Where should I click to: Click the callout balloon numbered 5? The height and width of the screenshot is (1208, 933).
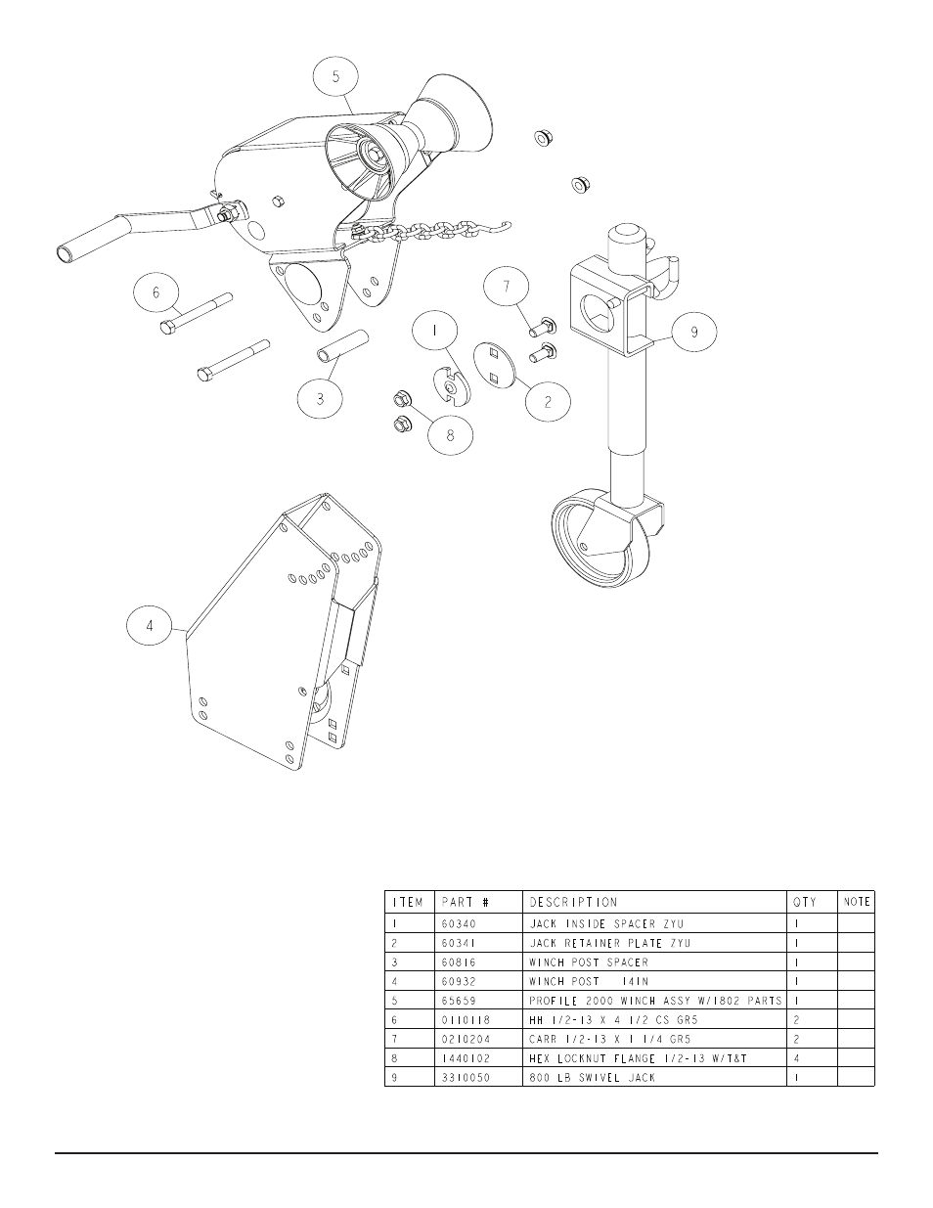pos(335,76)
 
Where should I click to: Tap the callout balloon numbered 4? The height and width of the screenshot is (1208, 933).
pos(149,626)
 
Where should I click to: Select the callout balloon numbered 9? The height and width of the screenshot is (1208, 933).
pos(693,332)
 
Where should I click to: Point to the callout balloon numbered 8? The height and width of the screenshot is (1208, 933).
pos(450,436)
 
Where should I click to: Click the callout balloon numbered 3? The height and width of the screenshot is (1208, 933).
pos(320,398)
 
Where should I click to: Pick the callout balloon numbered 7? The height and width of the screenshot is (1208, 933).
pos(506,287)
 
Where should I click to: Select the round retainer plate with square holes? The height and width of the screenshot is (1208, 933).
pos(495,365)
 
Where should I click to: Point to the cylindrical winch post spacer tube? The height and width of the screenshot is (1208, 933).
pos(343,346)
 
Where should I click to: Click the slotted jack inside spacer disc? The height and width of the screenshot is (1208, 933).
pos(452,383)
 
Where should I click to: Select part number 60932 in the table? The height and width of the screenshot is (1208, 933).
pos(459,982)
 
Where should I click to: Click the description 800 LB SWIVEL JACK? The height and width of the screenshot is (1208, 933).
pos(593,1078)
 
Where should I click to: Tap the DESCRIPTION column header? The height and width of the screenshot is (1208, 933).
pos(573,902)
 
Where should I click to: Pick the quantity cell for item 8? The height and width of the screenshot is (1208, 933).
pos(796,1058)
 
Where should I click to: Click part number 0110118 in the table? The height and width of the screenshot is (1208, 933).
pos(466,1020)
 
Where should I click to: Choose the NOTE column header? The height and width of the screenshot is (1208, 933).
pos(857,902)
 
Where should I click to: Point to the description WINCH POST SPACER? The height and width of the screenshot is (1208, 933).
pos(589,962)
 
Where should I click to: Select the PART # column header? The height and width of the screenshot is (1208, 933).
pos(466,902)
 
